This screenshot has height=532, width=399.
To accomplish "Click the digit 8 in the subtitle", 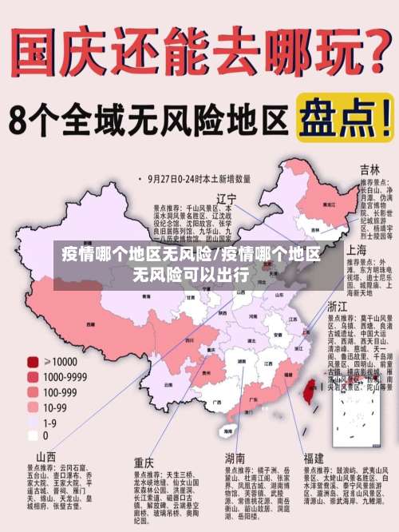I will click(x=20, y=121).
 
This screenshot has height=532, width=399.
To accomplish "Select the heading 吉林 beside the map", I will click(x=369, y=169).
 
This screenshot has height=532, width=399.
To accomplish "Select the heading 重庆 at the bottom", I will click(x=144, y=462).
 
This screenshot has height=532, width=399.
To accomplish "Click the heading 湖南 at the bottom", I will click(x=235, y=459).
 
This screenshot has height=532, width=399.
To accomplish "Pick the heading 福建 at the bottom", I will click(x=314, y=459).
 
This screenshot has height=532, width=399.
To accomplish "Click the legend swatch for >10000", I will click(x=33, y=361).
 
